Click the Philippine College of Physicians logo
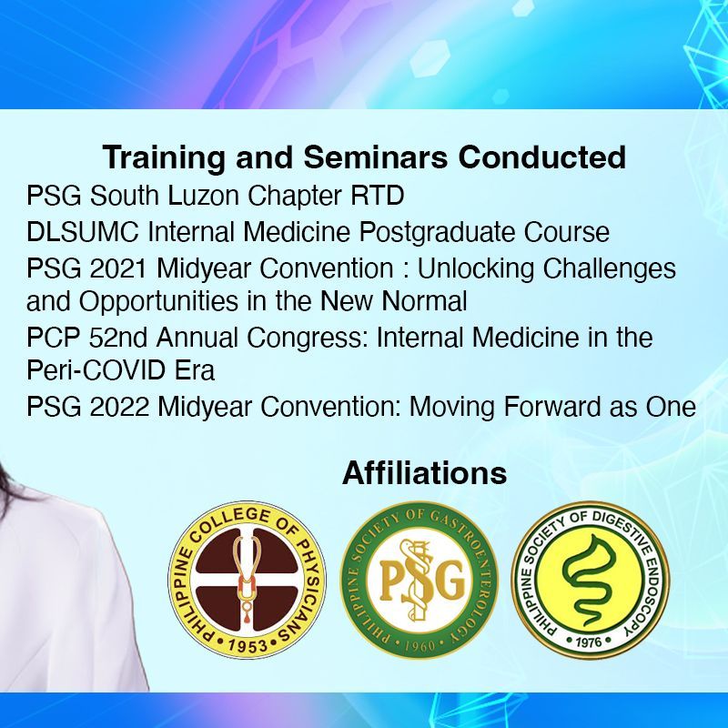click(x=247, y=580)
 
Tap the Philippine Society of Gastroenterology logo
click(x=420, y=580)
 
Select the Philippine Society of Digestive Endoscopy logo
click(x=590, y=580)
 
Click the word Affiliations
click(x=424, y=473)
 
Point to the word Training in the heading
click(x=164, y=158)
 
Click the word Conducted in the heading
click(x=542, y=157)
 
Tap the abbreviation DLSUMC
click(x=83, y=232)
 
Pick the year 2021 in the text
click(x=119, y=268)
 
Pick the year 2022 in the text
click(x=119, y=407)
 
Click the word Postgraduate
click(x=437, y=233)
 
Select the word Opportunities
click(x=158, y=302)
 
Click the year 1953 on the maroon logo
click(x=248, y=645)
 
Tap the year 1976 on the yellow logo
click(x=589, y=642)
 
